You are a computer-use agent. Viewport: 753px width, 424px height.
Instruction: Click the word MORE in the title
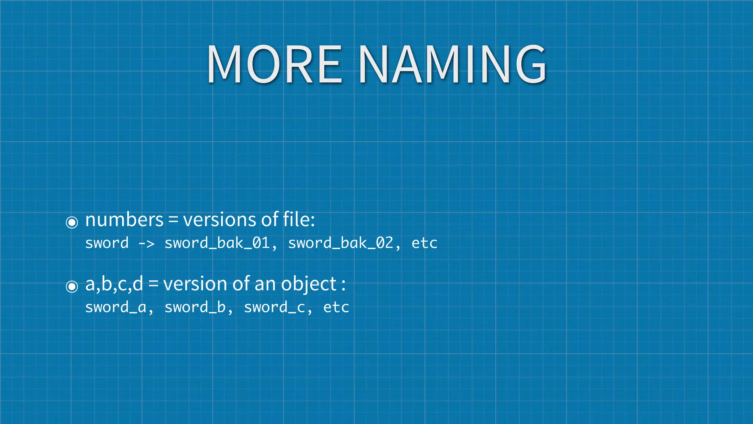tap(274, 64)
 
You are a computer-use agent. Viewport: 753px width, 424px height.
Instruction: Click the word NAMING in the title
tap(452, 64)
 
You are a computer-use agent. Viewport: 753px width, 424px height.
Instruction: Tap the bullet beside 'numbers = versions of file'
tap(72, 222)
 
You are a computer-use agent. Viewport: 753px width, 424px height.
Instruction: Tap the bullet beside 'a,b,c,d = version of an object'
tap(72, 286)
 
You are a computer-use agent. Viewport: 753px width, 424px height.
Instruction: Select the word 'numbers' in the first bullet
tap(124, 220)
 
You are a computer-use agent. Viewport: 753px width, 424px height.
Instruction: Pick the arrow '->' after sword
tap(146, 243)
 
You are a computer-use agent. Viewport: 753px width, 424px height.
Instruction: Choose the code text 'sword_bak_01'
tap(217, 243)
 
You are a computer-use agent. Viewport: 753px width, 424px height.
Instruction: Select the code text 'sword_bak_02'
tap(340, 243)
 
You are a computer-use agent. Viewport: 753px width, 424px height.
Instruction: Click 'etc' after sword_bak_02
tap(424, 243)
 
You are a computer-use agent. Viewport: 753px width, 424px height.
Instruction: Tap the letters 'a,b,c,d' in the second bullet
tap(114, 284)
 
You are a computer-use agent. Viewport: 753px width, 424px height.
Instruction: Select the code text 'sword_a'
tap(116, 307)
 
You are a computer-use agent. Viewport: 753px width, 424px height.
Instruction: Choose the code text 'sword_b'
tap(195, 307)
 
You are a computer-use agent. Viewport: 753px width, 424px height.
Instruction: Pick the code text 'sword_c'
tap(274, 307)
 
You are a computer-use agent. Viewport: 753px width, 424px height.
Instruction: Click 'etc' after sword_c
tap(336, 307)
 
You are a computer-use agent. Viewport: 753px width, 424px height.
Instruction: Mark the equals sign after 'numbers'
tap(173, 220)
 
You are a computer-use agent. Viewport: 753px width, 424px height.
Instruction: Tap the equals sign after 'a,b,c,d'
tap(153, 284)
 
